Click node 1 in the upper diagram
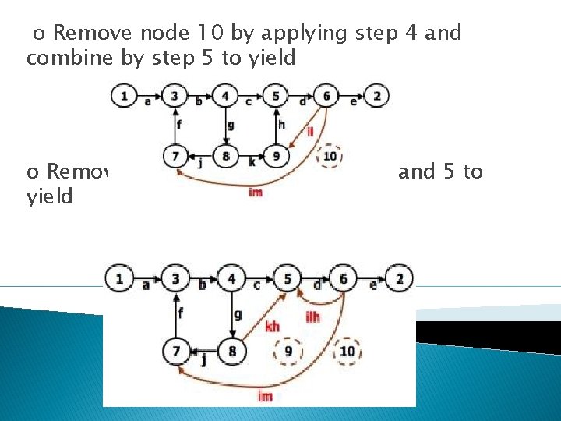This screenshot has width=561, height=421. coord(123,96)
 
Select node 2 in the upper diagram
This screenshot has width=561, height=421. coord(377,96)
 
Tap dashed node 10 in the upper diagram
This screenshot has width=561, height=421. coord(330,156)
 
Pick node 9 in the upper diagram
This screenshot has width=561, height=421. coord(277,156)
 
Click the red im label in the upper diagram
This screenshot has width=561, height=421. coord(255,192)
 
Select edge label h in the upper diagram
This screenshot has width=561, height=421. coord(281,124)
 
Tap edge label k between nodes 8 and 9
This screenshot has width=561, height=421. coord(252,162)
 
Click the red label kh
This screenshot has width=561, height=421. coord(272,326)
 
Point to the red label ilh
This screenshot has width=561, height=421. coord(312,316)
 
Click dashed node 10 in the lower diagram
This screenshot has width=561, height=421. coord(347,351)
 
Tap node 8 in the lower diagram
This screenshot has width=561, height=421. coord(232,351)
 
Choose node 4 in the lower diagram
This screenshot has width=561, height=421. coord(232,278)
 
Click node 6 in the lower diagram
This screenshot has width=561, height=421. coord(344,278)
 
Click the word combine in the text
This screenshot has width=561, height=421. coord(64,58)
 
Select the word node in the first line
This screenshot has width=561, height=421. coord(163,33)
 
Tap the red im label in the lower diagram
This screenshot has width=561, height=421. coord(266,396)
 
